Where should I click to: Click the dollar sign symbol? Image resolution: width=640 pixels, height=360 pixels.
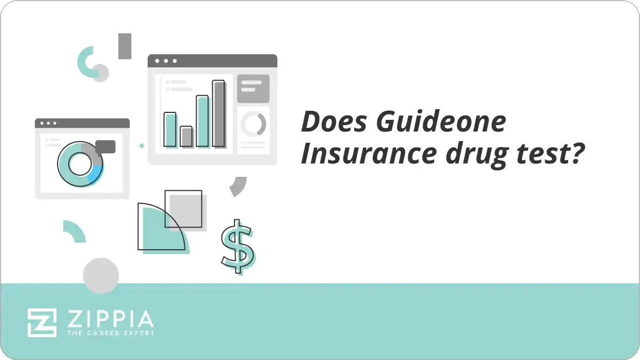238,247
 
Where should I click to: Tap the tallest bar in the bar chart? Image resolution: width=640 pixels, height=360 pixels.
218,113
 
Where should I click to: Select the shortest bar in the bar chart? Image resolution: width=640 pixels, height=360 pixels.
186,136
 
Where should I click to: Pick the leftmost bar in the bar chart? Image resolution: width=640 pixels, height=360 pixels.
170,129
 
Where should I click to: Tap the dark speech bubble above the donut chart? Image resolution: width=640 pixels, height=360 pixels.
106,146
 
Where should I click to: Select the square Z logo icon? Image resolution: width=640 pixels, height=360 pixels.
42,322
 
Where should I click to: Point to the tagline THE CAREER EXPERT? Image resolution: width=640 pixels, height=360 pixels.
110,333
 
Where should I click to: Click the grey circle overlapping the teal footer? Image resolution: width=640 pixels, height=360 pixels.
101,276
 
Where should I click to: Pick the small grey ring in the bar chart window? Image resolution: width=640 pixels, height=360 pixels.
253,124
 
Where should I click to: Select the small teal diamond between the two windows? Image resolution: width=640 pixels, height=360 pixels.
142,145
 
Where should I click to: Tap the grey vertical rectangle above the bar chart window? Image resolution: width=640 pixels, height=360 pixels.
125,46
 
